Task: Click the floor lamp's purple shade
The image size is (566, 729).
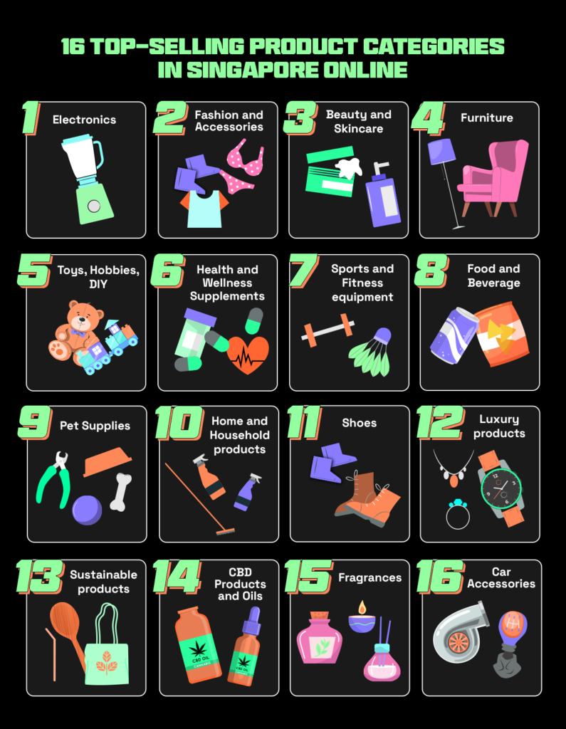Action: click(441, 152)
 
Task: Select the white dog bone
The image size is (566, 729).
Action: click(121, 492)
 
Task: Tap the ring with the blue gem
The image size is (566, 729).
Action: click(457, 514)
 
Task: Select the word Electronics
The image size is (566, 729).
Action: click(84, 120)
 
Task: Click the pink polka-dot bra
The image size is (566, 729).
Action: click(243, 165)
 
